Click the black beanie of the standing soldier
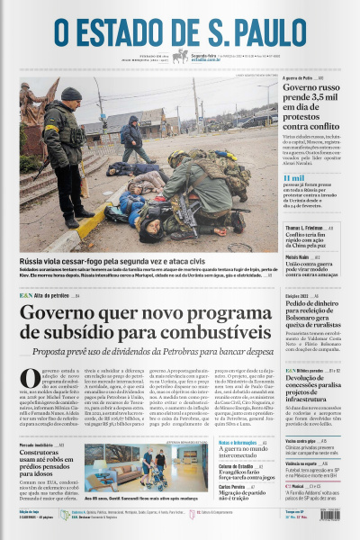pos(71,94)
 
